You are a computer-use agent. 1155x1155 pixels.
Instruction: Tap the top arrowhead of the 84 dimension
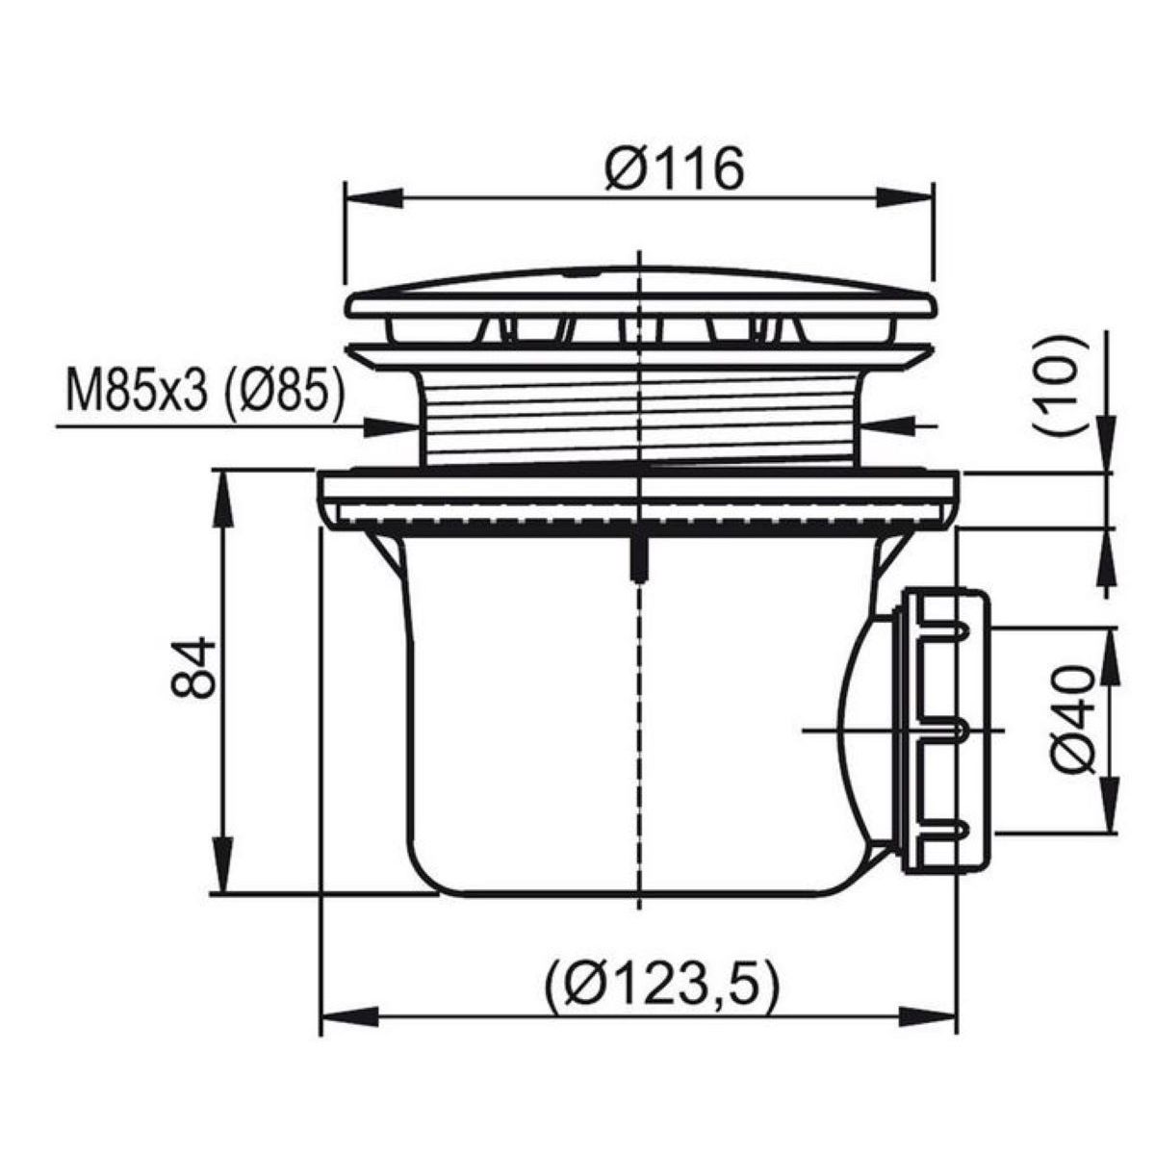(x=223, y=500)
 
